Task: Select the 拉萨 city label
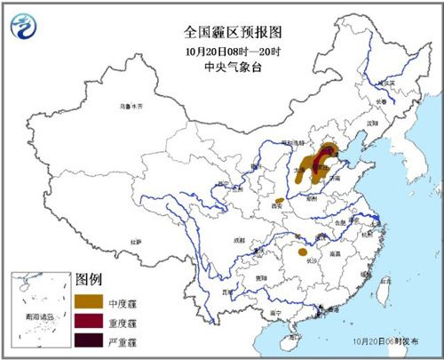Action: pyautogui.click(x=135, y=241)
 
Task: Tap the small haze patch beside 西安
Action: pyautogui.click(x=280, y=200)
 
